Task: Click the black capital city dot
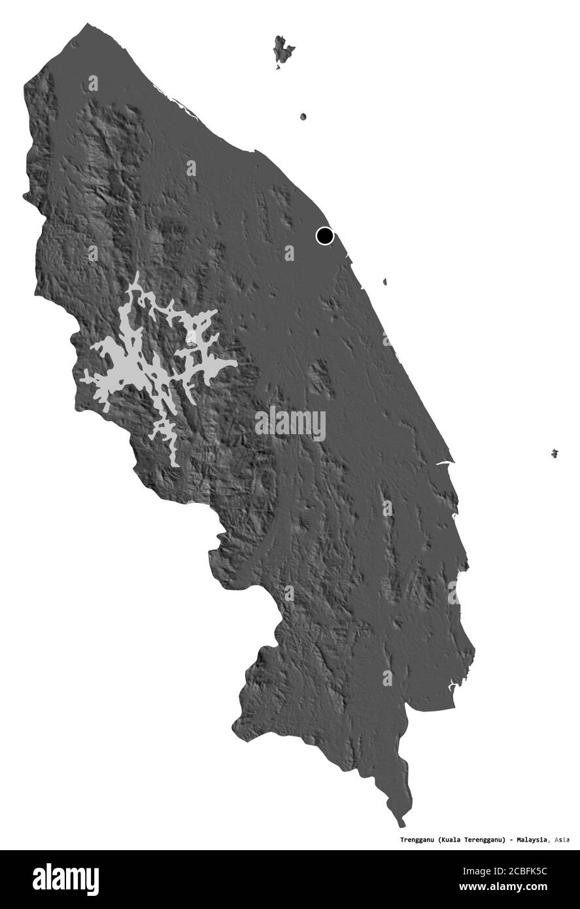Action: (x=324, y=235)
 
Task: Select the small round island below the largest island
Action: (x=303, y=117)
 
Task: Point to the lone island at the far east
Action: (x=554, y=453)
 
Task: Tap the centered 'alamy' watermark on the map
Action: (x=290, y=424)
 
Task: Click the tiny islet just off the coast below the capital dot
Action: (x=385, y=283)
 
